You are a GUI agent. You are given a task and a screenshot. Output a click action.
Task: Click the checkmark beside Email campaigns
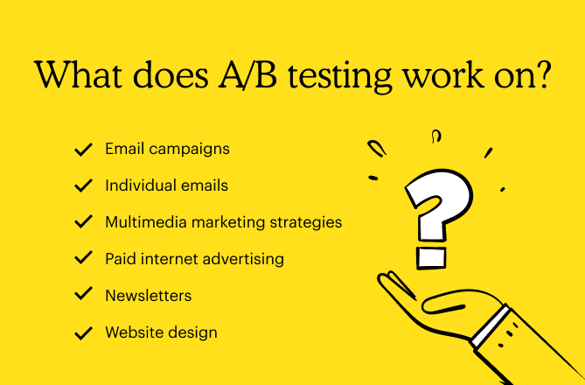click(x=84, y=150)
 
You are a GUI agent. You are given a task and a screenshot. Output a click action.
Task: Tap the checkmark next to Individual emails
click(x=84, y=186)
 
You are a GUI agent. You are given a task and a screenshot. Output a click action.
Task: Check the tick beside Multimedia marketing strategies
click(x=84, y=223)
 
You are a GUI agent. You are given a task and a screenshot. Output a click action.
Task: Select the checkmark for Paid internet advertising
click(x=84, y=259)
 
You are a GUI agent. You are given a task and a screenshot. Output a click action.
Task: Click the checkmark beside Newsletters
click(x=84, y=296)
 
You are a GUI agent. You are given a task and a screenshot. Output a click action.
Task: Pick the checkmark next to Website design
click(x=84, y=332)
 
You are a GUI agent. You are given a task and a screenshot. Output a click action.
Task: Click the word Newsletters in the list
click(x=148, y=296)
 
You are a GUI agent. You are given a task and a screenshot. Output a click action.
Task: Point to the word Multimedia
click(x=143, y=222)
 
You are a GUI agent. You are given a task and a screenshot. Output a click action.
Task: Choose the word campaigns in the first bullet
click(x=189, y=150)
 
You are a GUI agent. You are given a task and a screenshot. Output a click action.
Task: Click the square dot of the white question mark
click(x=431, y=257)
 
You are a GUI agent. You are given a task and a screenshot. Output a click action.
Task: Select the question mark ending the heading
click(x=541, y=75)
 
